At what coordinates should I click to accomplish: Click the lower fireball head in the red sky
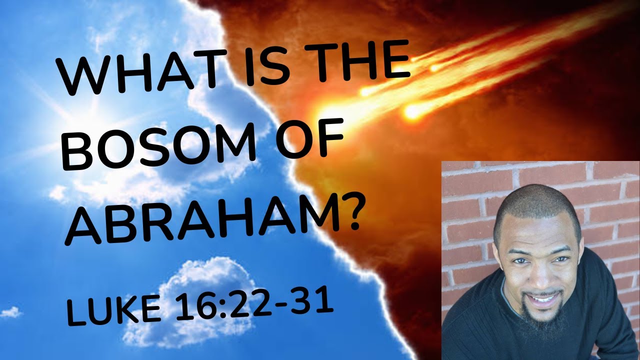(x=413, y=111)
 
